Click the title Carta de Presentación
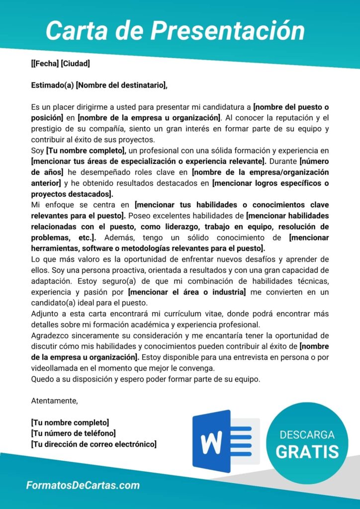pyautogui.click(x=175, y=31)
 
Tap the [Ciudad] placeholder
pyautogui.click(x=75, y=64)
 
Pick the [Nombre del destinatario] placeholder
pyautogui.click(x=122, y=85)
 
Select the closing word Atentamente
pyautogui.click(x=54, y=401)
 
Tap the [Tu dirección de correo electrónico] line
pyautogui.click(x=93, y=444)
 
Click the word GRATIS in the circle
pyautogui.click(x=307, y=451)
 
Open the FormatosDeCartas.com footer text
pyautogui.click(x=83, y=486)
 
